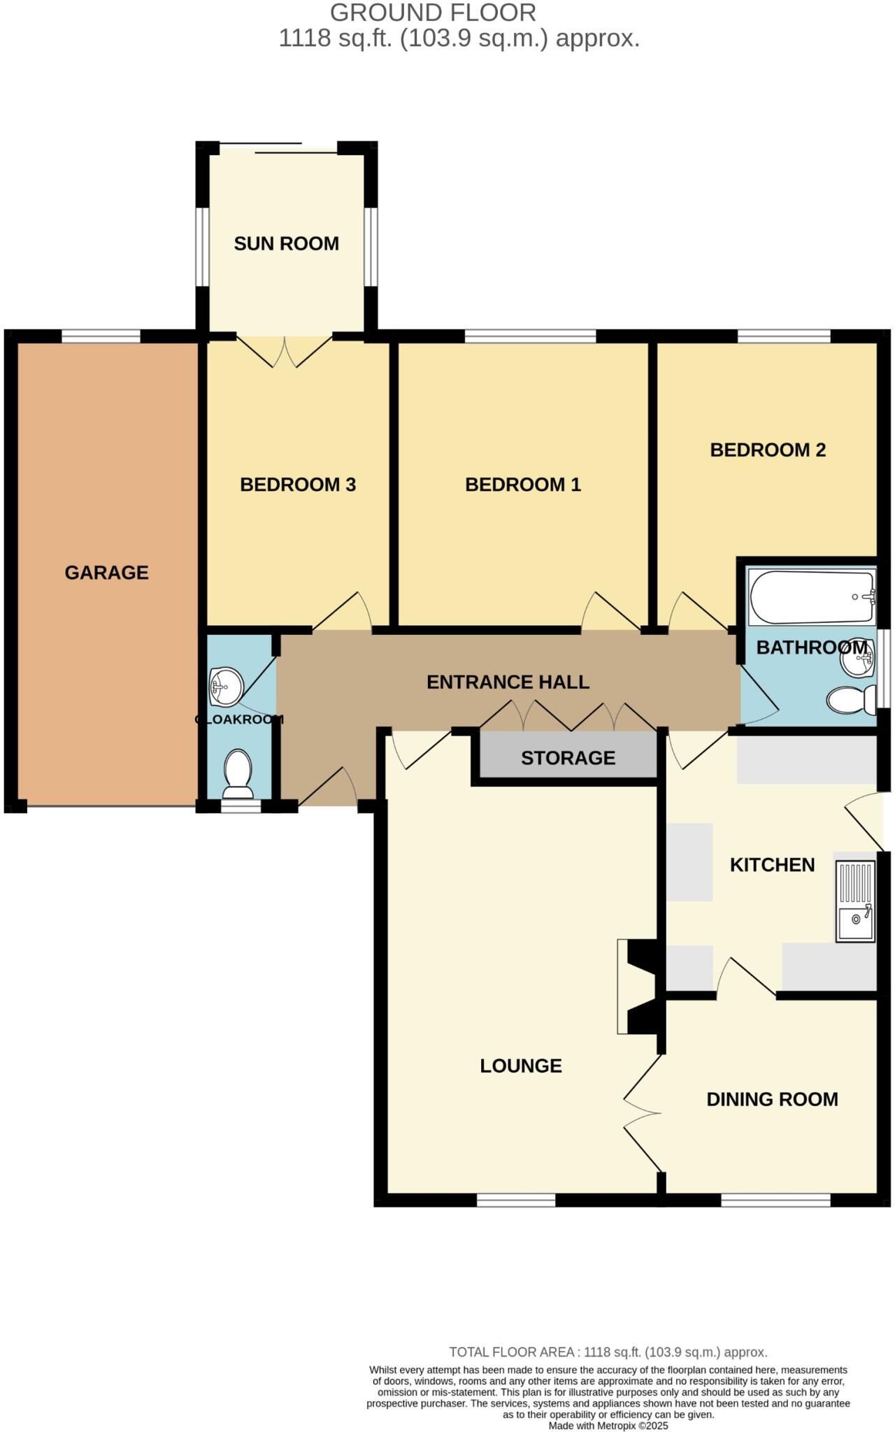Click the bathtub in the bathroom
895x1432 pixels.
812,596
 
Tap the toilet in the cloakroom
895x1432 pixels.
238,774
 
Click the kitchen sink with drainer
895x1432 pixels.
855,901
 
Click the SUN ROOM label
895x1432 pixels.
286,243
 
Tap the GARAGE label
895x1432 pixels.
106,573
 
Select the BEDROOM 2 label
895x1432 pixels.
768,450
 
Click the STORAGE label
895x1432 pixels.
568,758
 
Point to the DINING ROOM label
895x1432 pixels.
772,1099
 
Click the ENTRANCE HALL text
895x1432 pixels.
508,682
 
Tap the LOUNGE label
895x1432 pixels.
521,1066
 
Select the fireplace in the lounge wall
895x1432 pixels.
638,987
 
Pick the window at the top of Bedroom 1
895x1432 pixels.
530,336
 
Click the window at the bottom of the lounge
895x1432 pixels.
516,1200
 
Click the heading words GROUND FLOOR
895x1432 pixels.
433,13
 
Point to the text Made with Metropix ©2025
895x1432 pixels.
608,1426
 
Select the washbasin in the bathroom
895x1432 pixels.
857,658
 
